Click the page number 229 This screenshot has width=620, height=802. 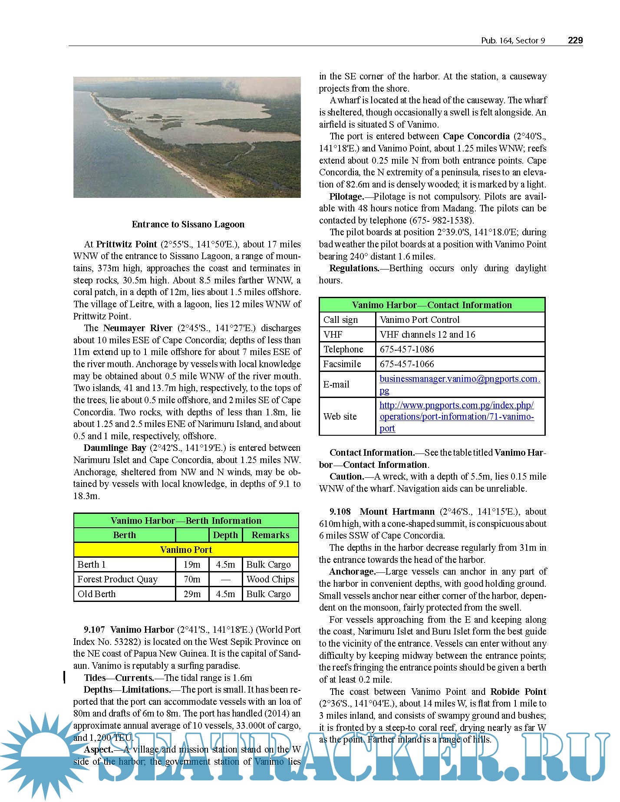pyautogui.click(x=575, y=40)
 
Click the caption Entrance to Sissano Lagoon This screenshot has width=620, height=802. pyautogui.click(x=188, y=224)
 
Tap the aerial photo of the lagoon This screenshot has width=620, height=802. pyautogui.click(x=187, y=137)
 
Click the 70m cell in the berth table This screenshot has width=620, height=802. pyautogui.click(x=192, y=579)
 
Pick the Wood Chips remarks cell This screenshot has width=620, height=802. pyautogui.click(x=270, y=579)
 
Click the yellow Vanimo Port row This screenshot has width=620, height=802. pyautogui.click(x=186, y=550)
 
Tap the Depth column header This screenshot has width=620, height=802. pyautogui.click(x=225, y=535)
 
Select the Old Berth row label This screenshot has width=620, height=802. pyautogui.click(x=97, y=594)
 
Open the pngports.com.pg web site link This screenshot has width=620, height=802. pyautogui.click(x=456, y=417)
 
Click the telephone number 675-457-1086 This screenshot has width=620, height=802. pyautogui.click(x=407, y=349)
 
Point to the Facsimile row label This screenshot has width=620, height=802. pyautogui.click(x=342, y=364)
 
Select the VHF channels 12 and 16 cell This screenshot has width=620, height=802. pyautogui.click(x=427, y=335)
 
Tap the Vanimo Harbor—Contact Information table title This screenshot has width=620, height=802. pyautogui.click(x=432, y=305)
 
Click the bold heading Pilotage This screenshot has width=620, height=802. pyautogui.click(x=346, y=197)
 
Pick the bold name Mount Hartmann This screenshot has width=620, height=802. pyautogui.click(x=397, y=512)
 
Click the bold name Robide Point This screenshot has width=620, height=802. pyautogui.click(x=518, y=692)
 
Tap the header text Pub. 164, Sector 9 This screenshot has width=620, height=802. pyautogui.click(x=513, y=41)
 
